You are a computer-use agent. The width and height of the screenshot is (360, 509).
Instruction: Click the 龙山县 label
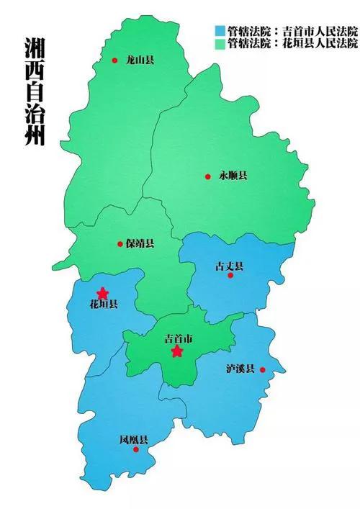tap(140, 60)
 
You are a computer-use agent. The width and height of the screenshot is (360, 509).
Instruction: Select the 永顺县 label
tap(233, 176)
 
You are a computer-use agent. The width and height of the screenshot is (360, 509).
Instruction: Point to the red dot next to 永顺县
tap(207, 176)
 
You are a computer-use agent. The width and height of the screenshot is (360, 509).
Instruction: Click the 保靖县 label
tap(140, 243)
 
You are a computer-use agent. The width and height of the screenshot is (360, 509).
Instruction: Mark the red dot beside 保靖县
tap(120, 244)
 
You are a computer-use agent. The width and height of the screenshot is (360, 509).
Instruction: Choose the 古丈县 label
tap(229, 266)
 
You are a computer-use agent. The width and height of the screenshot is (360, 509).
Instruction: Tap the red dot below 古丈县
tap(230, 275)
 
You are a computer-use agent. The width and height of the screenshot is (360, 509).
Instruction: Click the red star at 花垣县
tap(103, 293)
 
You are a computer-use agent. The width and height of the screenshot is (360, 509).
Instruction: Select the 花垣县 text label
tap(104, 304)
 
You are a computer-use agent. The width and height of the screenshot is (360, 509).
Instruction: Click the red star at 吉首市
tap(177, 351)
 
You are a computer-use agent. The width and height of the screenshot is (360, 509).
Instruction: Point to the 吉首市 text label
tap(178, 338)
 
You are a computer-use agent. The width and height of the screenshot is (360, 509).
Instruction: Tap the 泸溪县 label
tap(240, 369)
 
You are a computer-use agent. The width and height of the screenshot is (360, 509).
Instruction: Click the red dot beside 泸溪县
tap(263, 370)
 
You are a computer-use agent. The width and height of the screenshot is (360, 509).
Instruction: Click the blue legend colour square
tap(219, 32)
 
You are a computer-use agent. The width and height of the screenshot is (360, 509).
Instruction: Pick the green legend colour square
tap(219, 43)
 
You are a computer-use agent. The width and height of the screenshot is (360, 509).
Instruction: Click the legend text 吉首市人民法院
tap(321, 32)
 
